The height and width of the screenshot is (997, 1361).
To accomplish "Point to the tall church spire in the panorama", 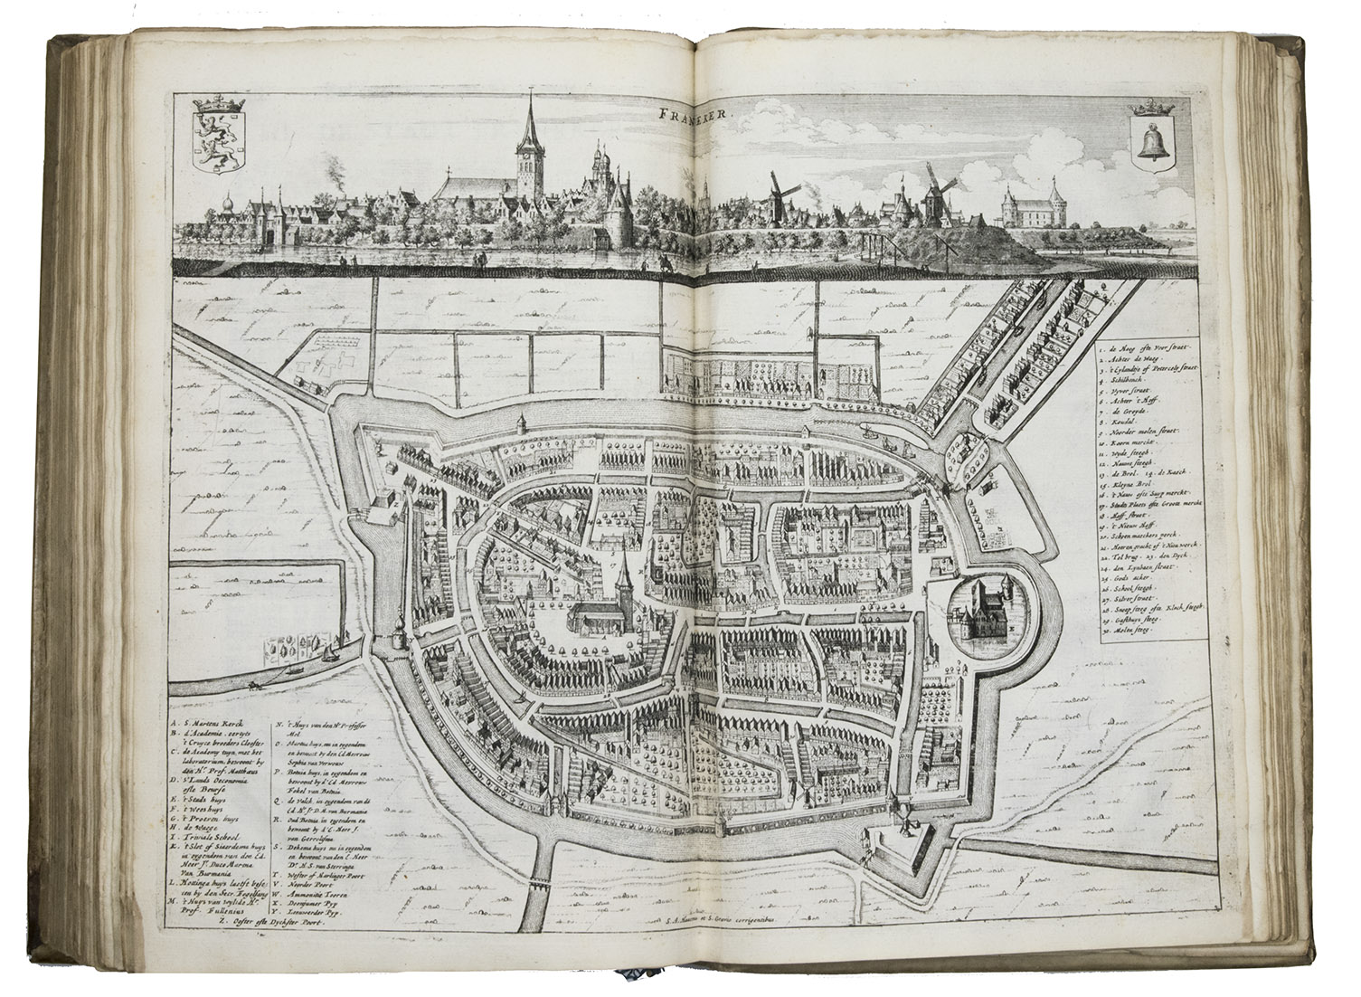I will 525,145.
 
